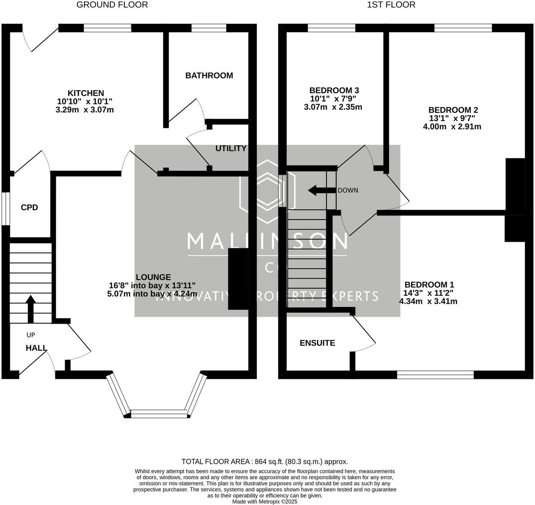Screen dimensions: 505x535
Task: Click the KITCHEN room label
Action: coord(86,93)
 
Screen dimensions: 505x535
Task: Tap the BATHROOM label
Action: coord(209,75)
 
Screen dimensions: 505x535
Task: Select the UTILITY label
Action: coord(230,149)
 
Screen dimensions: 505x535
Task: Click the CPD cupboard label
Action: coord(29,207)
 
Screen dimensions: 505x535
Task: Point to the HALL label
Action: coord(36,348)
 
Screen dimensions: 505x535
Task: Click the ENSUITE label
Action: coord(317,343)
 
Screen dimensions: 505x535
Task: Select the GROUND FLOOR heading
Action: coord(112,5)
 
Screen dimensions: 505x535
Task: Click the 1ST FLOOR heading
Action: coord(391,5)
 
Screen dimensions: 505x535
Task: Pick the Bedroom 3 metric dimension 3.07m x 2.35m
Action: coord(333,107)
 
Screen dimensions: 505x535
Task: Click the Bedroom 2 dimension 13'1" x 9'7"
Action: coord(453,118)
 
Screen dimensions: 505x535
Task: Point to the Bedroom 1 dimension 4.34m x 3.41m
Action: coord(428,301)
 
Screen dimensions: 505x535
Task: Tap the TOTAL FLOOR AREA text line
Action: coord(265,461)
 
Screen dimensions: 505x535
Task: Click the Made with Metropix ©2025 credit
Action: coord(265,502)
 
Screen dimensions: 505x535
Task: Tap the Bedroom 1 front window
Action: coord(435,375)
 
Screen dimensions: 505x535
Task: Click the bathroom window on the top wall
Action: coord(208,28)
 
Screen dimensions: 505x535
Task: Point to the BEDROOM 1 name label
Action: coord(429,285)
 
